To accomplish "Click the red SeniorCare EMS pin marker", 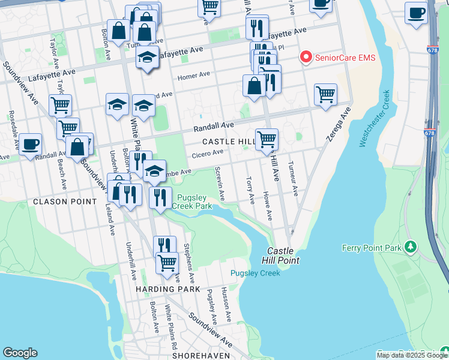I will (306, 58).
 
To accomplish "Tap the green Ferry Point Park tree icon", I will (411, 247).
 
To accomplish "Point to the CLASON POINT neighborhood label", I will (65, 202).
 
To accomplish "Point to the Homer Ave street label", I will (193, 76).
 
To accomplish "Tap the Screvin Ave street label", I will (220, 184).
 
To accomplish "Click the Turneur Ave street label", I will (292, 179).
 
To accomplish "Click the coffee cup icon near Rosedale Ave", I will (30, 143).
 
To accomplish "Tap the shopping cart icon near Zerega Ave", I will (325, 94).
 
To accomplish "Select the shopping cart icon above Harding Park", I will (167, 262).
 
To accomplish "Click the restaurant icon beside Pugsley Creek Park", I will (160, 197).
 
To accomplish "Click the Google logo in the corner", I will (20, 353).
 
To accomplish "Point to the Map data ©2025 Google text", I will (411, 355).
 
